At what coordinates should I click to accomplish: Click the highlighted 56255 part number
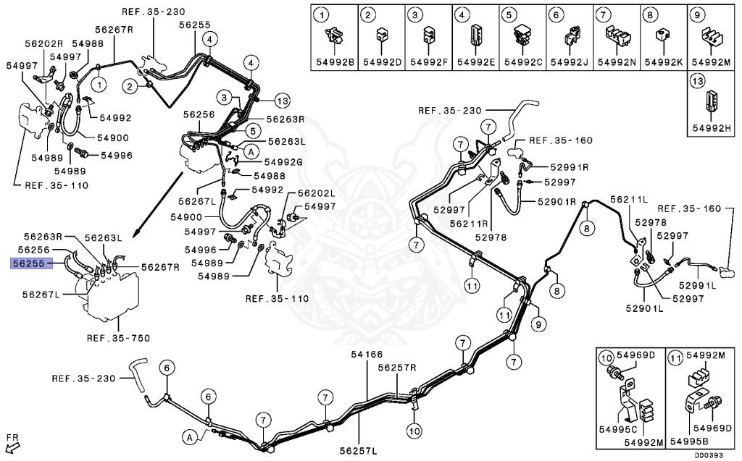tap(28, 264)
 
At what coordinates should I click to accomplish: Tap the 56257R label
tap(397, 367)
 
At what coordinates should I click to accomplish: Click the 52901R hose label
tap(556, 201)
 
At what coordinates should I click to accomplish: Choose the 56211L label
tap(628, 199)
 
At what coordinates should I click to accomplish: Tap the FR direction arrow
tap(12, 442)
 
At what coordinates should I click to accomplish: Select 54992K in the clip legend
tap(664, 62)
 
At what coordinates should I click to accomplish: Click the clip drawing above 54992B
tap(334, 34)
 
